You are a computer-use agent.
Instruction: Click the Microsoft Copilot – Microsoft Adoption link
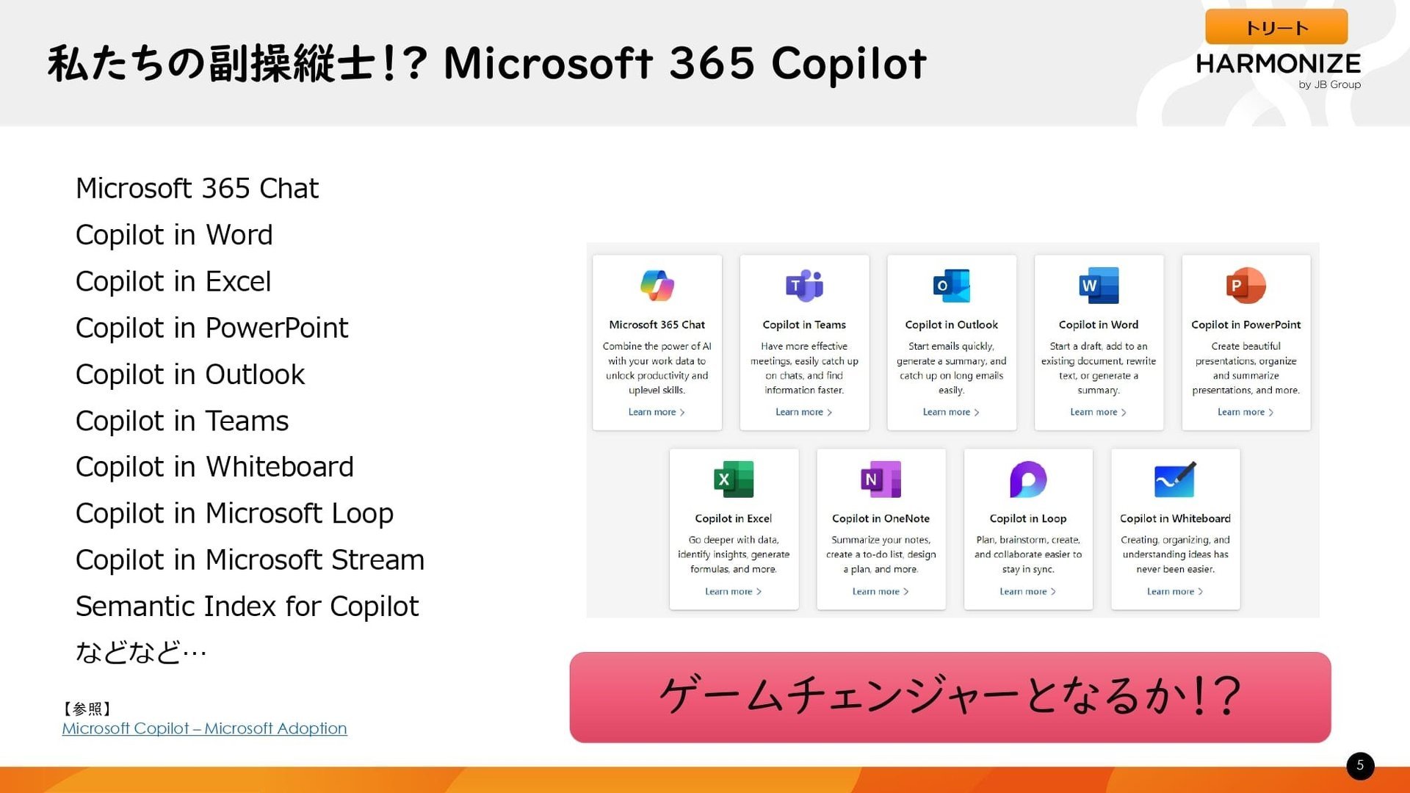point(204,728)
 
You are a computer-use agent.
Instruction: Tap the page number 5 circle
point(1360,766)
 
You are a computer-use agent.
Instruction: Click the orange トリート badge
point(1276,27)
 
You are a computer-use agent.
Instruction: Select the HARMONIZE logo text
point(1278,64)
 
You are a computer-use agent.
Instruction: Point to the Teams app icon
point(804,286)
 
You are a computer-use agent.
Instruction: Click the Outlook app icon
point(951,286)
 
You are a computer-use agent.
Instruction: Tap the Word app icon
point(1099,286)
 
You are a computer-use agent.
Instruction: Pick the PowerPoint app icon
point(1245,286)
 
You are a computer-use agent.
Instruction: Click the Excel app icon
point(734,479)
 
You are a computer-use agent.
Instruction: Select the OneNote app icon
point(881,479)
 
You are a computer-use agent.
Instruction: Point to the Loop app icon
point(1028,479)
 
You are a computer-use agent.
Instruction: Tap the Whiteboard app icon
point(1175,479)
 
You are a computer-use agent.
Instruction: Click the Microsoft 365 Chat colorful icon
point(657,286)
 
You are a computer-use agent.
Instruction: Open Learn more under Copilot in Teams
point(804,412)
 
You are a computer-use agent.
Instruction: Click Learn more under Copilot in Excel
point(734,591)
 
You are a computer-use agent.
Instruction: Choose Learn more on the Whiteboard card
point(1175,591)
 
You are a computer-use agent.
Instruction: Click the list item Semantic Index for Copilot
point(247,606)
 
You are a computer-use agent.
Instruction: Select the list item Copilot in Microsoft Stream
point(250,560)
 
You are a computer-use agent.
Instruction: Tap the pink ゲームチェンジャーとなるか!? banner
point(950,697)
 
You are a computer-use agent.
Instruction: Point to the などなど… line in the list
point(141,652)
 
